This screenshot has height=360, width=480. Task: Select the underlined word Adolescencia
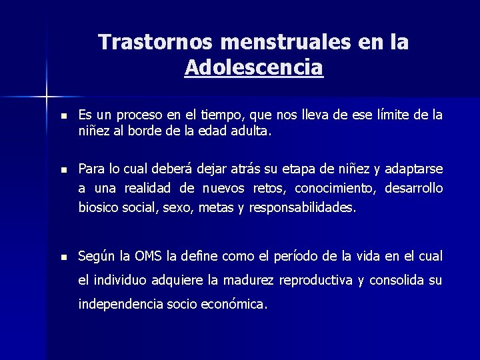coord(254,67)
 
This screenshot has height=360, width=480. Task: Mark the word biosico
coord(99,207)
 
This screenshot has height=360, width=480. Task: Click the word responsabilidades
coord(303,207)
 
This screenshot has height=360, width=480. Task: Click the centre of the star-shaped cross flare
coord(47,97)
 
